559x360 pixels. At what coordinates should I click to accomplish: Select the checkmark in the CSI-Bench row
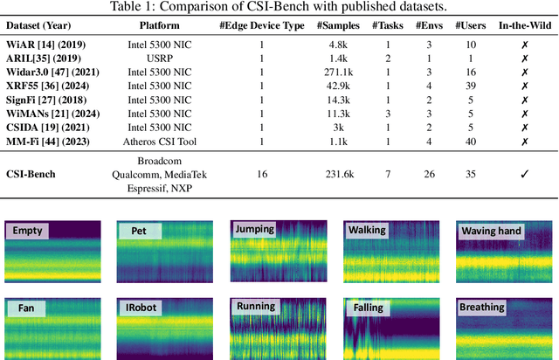tap(525, 174)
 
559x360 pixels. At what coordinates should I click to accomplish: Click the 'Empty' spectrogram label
tap(27, 232)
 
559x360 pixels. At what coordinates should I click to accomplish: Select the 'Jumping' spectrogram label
tap(254, 230)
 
